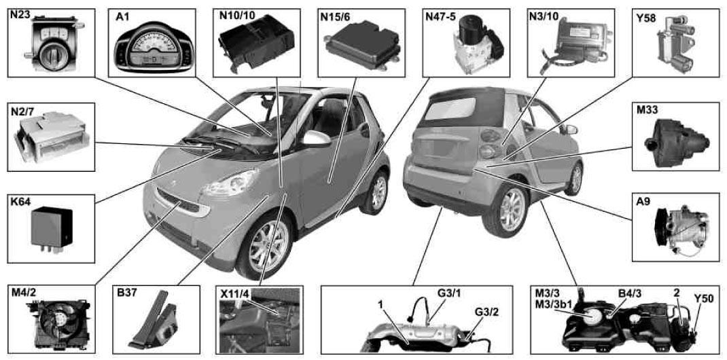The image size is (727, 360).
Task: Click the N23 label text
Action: [x=20, y=14]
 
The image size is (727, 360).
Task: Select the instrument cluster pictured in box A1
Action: [x=154, y=48]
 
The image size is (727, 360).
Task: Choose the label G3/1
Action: [x=444, y=293]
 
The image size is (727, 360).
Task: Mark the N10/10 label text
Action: [x=236, y=15]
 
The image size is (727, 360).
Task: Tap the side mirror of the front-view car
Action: [x=316, y=139]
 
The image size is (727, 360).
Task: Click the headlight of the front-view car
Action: [x=230, y=183]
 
